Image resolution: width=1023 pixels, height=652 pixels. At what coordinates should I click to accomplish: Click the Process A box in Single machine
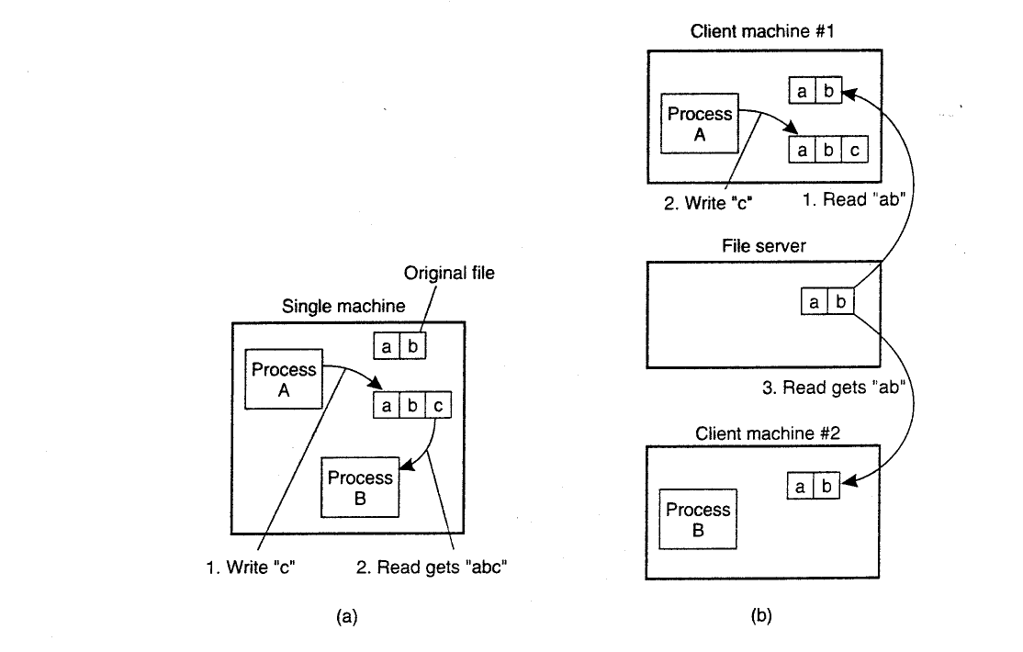coord(284,379)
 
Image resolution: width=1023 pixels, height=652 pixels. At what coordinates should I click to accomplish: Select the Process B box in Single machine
coord(360,488)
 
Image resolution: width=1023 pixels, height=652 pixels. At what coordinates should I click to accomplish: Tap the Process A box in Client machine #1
coord(700,123)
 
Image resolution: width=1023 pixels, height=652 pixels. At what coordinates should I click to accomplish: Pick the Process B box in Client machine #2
coord(698,519)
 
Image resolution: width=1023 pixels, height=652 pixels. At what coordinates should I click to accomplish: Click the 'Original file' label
coord(449,273)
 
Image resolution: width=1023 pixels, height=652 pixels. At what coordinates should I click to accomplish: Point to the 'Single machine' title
coord(343,306)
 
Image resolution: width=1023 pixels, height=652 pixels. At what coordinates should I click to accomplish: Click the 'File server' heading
coord(763,246)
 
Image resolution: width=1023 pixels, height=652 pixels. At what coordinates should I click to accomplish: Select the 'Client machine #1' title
coord(762,31)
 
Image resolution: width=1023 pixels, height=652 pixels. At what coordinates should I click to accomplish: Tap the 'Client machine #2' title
coord(768,433)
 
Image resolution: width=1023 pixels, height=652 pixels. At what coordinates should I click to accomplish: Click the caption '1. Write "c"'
coord(251,568)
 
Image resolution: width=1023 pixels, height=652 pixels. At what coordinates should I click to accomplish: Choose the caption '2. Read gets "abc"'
coord(432,568)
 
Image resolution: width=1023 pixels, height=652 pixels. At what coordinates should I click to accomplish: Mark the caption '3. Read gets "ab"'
coord(834,388)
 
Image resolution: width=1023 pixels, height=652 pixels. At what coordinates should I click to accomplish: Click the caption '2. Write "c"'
coord(708,203)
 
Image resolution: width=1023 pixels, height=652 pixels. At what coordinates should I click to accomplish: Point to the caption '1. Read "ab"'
coord(853,199)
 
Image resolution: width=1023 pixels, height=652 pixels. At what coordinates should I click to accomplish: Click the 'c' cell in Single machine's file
coord(438,405)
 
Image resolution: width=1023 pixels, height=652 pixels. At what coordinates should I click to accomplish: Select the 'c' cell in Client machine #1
coord(855,150)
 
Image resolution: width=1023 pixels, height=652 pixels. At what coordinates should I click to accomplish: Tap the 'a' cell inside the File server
coord(815,301)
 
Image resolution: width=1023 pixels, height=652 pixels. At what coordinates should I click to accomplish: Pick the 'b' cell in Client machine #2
coord(826,486)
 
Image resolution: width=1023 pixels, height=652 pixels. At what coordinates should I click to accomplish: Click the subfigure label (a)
coord(346,616)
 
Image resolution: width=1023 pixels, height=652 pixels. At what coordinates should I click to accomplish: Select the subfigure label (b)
coord(761,615)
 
